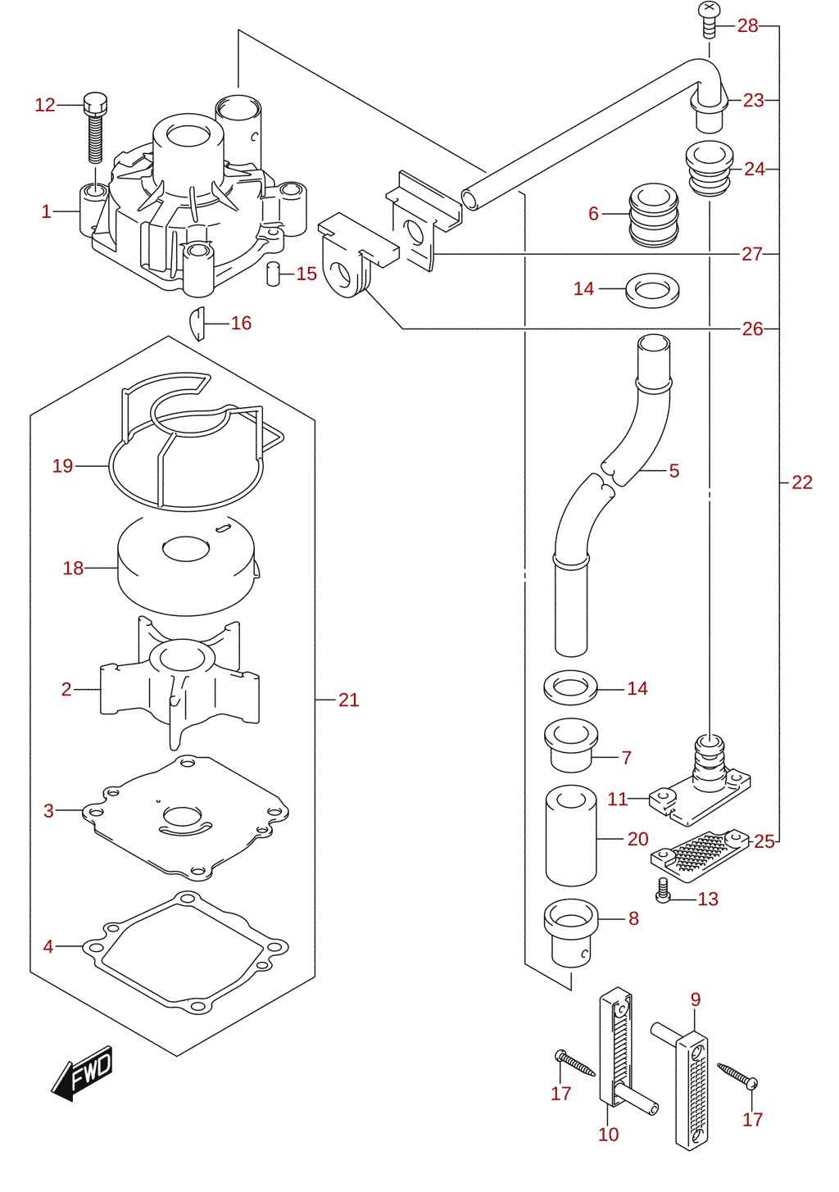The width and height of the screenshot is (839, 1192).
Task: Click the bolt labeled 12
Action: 95,128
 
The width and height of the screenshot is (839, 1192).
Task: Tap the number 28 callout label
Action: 747,25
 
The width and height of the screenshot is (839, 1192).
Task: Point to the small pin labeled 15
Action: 273,274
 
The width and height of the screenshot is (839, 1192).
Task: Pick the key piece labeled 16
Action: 197,324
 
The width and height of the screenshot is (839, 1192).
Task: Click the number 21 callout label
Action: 349,700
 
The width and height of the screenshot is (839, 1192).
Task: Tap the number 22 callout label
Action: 802,482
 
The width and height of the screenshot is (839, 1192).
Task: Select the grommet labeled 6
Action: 654,215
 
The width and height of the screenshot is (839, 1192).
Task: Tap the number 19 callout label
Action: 62,466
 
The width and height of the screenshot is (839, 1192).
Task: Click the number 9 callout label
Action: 696,999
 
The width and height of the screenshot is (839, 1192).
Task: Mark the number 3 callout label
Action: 48,811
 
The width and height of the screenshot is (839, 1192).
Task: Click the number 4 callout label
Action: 48,947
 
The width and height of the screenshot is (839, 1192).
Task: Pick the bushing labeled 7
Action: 571,745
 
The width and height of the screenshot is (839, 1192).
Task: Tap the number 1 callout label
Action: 47,212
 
